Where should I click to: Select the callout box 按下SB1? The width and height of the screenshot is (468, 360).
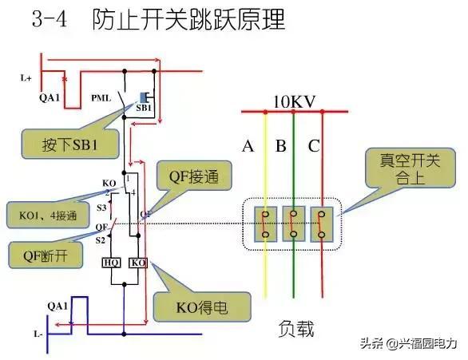point(70,145)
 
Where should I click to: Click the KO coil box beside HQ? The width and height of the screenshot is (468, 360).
point(137,262)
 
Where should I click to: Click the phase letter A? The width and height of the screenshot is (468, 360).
point(248,146)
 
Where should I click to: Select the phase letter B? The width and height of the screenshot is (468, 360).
point(280,146)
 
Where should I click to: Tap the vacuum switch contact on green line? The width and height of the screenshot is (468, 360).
point(295,224)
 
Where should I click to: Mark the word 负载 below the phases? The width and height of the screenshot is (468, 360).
point(295,328)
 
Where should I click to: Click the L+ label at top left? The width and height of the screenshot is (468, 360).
point(26,78)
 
